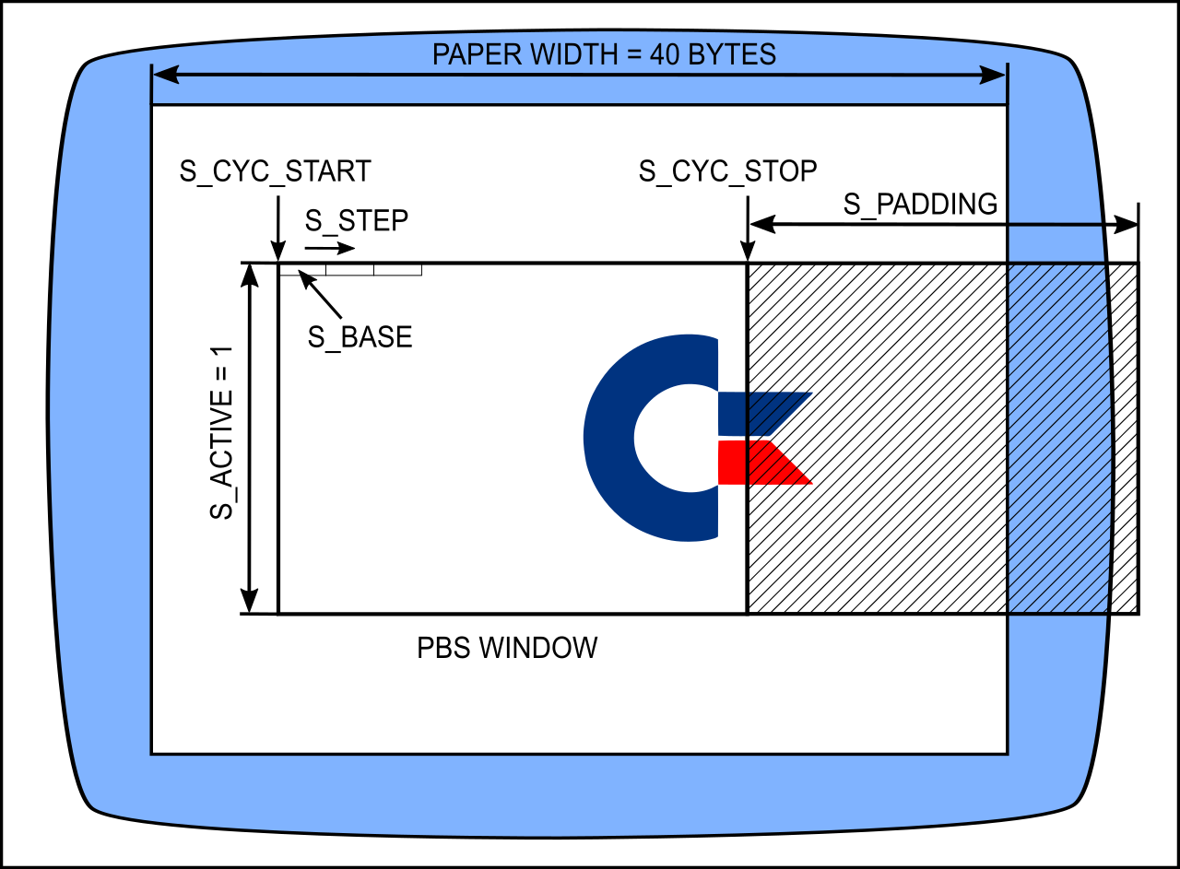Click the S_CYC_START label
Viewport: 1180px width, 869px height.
coord(276,171)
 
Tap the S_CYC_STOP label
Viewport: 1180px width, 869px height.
coord(727,171)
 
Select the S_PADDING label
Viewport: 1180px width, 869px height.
coord(920,205)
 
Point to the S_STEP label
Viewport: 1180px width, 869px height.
coord(356,221)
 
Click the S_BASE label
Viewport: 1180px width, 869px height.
coord(360,337)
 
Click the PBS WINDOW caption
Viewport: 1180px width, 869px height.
coord(507,648)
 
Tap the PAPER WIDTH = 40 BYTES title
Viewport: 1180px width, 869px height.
coord(604,55)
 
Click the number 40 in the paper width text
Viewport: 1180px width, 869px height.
coord(666,55)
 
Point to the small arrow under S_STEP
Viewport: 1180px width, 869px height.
coord(329,249)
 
